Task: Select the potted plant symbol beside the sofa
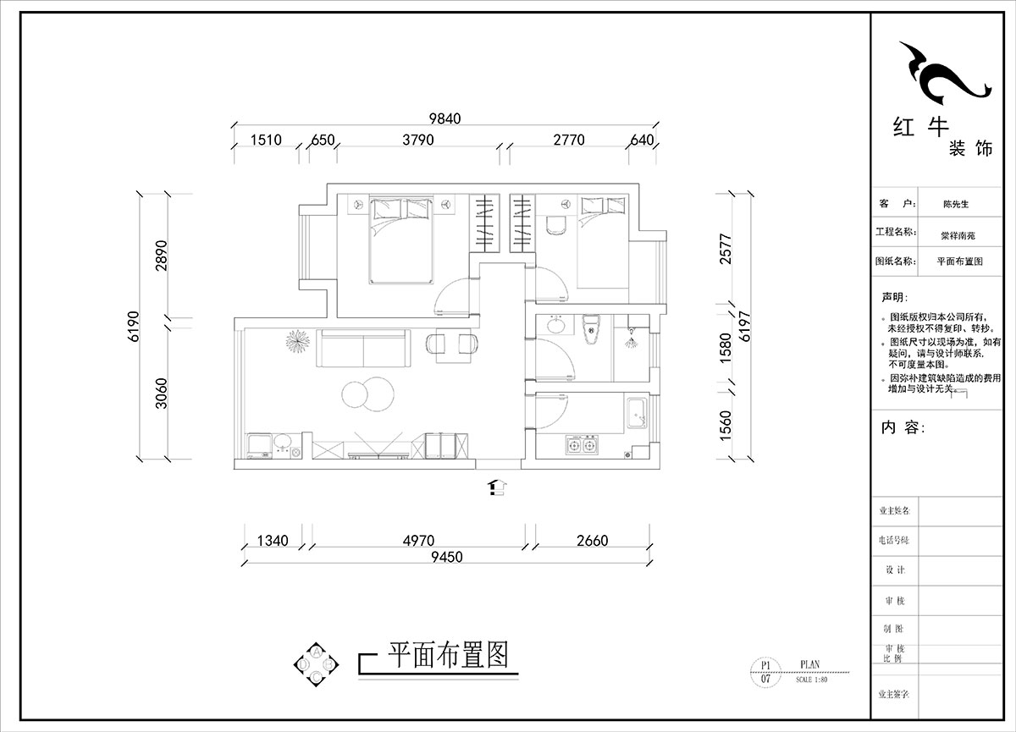click(x=296, y=341)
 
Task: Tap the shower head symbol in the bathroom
click(x=630, y=341)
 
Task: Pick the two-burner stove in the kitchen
click(x=582, y=444)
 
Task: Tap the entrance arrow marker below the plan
click(x=497, y=487)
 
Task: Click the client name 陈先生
click(x=955, y=204)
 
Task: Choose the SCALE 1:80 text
click(x=811, y=679)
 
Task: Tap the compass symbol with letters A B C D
click(x=316, y=664)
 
